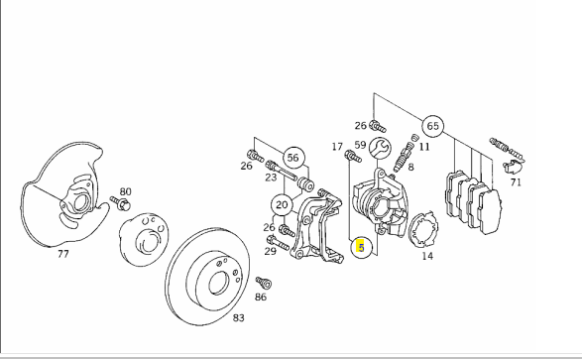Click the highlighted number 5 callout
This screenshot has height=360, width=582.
tap(361, 247)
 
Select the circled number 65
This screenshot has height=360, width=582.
tap(433, 126)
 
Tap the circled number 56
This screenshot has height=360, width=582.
tap(293, 158)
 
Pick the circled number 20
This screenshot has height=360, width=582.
tap(283, 205)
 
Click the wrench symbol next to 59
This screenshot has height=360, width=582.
tap(380, 148)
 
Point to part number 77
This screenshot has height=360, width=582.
tap(63, 254)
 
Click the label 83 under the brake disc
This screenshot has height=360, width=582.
tap(239, 318)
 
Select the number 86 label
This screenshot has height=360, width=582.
tap(261, 297)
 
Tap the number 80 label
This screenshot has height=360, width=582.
tap(126, 191)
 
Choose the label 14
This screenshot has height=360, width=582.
tap(427, 256)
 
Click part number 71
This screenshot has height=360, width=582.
tap(516, 182)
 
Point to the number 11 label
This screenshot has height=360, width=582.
tap(424, 147)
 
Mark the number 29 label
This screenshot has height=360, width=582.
tap(271, 251)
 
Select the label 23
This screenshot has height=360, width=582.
tap(271, 178)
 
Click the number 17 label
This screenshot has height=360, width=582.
tap(337, 147)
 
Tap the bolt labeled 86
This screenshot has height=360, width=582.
tap(264, 283)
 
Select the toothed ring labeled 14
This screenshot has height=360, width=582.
tap(423, 229)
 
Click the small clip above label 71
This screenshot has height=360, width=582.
tap(513, 167)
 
